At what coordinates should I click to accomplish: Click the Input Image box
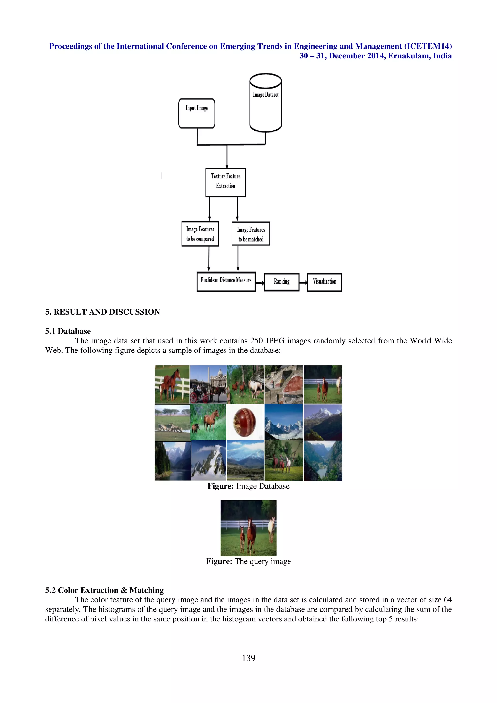[197, 113]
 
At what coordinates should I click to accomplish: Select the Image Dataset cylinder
[265, 103]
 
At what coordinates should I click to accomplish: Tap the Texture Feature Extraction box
[226, 182]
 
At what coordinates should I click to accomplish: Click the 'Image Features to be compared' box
[200, 234]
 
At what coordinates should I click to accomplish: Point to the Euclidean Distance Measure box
[226, 282]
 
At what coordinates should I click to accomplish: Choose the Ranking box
[282, 282]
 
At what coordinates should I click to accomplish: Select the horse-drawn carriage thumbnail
[208, 384]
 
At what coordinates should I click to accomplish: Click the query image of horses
[248, 528]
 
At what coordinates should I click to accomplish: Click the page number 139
[248, 658]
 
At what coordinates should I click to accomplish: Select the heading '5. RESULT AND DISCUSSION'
[103, 312]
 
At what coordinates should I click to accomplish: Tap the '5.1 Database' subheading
[68, 331]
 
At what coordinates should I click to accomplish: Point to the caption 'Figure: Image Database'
[248, 486]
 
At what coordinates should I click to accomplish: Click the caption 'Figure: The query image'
[248, 561]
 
